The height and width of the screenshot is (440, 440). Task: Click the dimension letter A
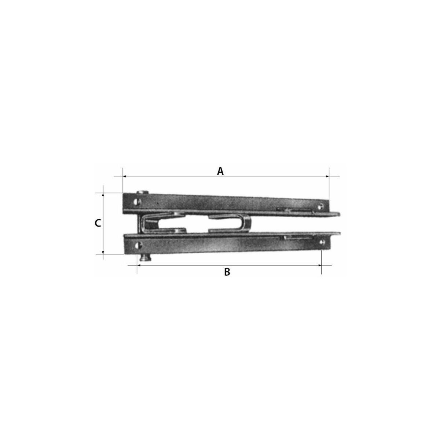220,171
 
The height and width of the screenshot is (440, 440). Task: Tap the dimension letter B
227,272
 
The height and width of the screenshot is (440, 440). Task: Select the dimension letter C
98,223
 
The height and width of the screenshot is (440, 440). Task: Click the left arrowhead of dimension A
125,176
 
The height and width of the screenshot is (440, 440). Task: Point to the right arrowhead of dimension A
327,176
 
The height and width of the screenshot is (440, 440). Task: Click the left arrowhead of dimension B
139,265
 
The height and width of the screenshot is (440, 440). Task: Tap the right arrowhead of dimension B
319,265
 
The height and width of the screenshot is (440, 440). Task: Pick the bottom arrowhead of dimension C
103,252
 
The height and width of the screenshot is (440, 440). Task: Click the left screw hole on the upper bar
137,201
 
